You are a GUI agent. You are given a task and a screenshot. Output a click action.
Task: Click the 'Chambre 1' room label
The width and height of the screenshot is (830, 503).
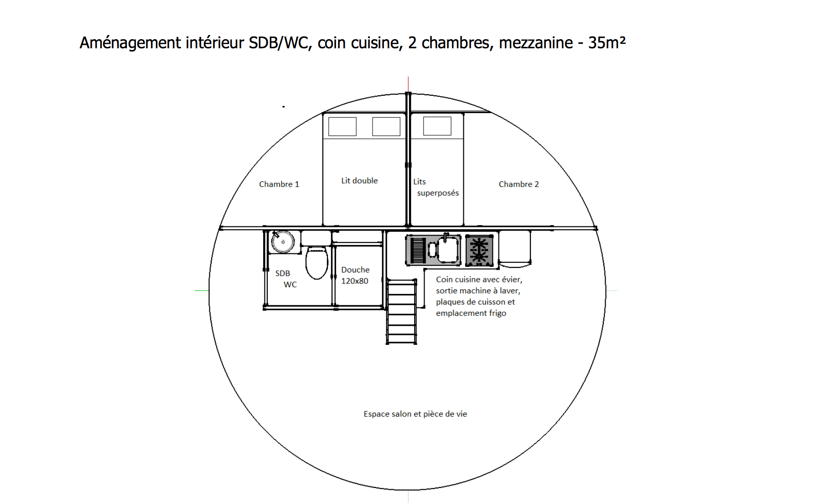[279, 184]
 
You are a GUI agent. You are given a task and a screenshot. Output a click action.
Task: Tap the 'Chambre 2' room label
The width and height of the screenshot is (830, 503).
[519, 184]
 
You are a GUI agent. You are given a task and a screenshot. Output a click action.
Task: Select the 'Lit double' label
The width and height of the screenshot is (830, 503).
[359, 180]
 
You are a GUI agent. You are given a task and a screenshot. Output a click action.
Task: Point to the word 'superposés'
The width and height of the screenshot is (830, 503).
[438, 193]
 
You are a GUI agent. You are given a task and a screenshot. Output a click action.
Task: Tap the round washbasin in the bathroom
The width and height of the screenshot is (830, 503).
[283, 242]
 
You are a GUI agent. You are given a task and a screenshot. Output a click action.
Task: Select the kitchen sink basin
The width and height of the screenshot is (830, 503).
[448, 250]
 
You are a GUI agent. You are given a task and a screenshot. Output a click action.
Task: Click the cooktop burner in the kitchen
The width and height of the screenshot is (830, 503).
[479, 250]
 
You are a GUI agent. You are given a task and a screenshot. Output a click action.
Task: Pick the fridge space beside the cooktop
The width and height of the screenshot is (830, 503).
[515, 249]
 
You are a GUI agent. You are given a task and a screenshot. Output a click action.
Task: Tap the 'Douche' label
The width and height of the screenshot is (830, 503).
[355, 270]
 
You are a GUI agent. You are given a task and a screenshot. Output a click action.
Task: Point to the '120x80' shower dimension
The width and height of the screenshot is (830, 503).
[354, 281]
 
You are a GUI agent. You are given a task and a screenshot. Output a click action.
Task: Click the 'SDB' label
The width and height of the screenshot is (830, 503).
[283, 273]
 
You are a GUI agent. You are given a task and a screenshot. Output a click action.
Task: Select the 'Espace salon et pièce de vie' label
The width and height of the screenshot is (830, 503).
[415, 414]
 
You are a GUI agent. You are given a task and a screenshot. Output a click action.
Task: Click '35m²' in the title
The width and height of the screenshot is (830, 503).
[607, 42]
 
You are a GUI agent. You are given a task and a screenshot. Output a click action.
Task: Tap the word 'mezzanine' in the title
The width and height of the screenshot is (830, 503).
[536, 43]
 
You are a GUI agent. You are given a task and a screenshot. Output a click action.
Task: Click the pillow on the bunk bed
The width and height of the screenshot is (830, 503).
[437, 126]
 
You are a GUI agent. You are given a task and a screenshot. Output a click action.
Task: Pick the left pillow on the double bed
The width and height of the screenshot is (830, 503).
[342, 127]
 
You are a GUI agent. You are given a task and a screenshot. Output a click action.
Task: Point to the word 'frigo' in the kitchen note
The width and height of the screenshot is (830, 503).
[498, 313]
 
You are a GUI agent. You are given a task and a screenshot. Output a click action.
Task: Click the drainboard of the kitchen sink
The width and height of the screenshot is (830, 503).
[418, 250]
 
